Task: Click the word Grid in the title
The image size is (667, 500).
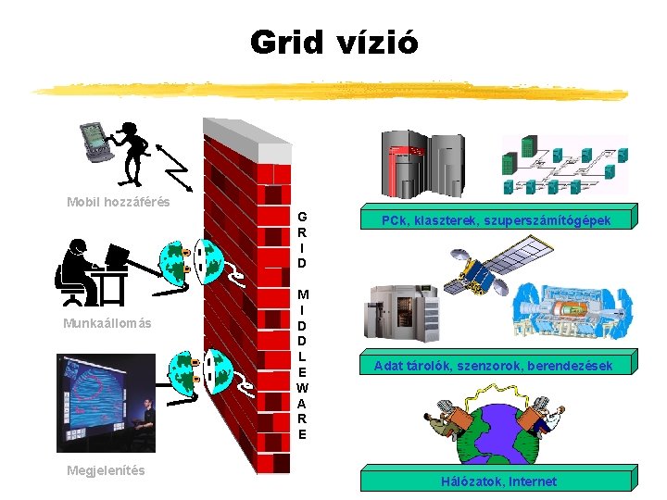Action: coord(286,43)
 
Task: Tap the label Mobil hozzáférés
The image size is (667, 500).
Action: coord(119,202)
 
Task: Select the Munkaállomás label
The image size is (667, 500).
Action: coord(107,323)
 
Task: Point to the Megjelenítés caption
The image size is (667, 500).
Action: coord(106,470)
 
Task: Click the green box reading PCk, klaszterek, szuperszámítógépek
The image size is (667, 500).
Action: coord(497,219)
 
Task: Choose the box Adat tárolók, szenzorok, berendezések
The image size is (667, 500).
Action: coord(493,366)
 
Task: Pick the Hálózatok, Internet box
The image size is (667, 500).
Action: coord(498,481)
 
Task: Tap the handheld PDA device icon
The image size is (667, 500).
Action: coord(96,140)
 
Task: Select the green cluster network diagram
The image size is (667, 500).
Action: coord(563,166)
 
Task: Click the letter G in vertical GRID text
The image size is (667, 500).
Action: coord(302,218)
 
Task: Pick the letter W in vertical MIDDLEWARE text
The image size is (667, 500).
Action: coord(302,387)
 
